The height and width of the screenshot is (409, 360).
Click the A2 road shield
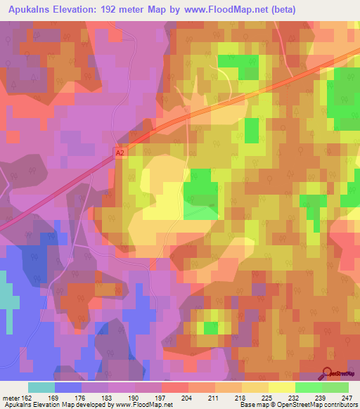pos(120,150)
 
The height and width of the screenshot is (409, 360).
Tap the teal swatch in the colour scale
pos(41,387)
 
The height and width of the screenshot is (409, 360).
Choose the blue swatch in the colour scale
pos(68,387)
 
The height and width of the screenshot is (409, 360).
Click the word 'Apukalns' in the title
pos(32,10)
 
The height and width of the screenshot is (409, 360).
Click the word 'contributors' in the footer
pos(340,405)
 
